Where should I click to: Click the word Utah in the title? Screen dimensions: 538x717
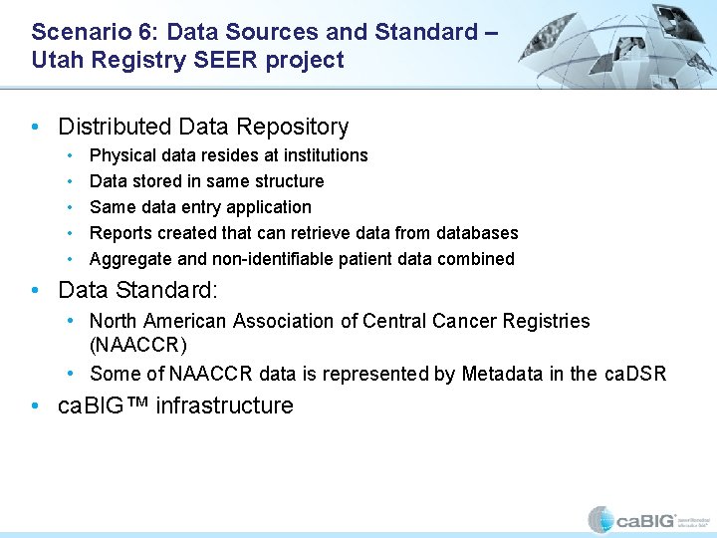[x=56, y=60]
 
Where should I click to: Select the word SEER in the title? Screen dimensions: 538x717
[x=224, y=60]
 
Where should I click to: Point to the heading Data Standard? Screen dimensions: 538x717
[x=137, y=291]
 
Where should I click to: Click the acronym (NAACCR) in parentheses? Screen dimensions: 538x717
[x=137, y=345]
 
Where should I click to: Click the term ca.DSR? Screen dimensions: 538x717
[x=634, y=375]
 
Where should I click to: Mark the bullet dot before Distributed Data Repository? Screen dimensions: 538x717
[x=36, y=128]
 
